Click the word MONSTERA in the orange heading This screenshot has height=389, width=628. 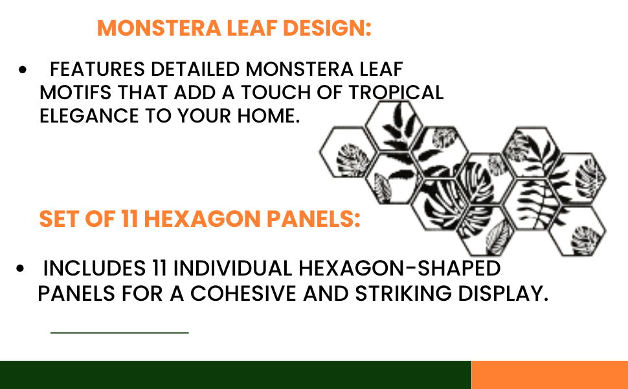click(159, 28)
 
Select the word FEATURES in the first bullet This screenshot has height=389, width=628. click(97, 69)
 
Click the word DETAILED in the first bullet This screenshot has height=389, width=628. click(195, 69)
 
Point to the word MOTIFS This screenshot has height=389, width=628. click(76, 93)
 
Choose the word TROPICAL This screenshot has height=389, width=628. click(396, 93)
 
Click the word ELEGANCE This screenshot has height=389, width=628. click(89, 116)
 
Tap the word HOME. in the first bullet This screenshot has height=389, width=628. click(269, 116)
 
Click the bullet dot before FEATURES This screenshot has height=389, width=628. click(23, 70)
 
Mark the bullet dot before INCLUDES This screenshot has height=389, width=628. click(20, 268)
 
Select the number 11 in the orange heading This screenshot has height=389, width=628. click(129, 219)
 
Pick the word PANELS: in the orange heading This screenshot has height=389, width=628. click(313, 219)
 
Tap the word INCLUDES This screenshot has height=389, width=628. click(95, 268)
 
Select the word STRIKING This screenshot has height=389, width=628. click(403, 294)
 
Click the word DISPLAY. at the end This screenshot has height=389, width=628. click(503, 294)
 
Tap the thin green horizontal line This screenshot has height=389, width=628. click(120, 333)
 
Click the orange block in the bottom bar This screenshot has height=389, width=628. click(550, 375)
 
